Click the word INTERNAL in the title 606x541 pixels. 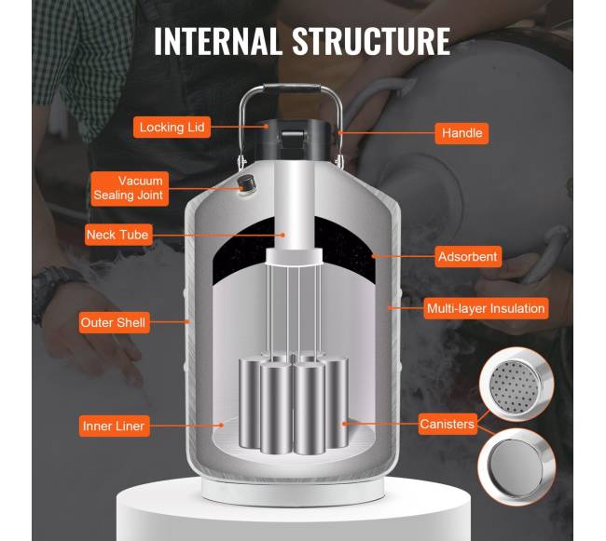point(217,41)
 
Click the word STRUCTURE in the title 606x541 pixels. point(371,41)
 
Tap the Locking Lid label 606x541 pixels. point(172,127)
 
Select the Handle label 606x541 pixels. point(461,133)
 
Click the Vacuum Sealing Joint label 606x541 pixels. point(130,188)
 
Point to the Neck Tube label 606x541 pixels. point(117,235)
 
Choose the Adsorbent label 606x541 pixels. point(468,257)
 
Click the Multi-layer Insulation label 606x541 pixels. point(486,308)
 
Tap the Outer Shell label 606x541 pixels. point(114,322)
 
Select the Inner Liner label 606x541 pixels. point(114,426)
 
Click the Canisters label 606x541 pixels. point(448,424)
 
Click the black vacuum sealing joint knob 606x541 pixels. point(246,183)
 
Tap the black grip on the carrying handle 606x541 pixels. point(292,88)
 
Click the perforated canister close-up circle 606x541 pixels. point(516,385)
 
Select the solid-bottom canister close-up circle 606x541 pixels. point(516,467)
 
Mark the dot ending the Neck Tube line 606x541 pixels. point(282,235)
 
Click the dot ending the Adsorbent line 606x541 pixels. point(374,256)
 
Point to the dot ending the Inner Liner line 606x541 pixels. point(222,426)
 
